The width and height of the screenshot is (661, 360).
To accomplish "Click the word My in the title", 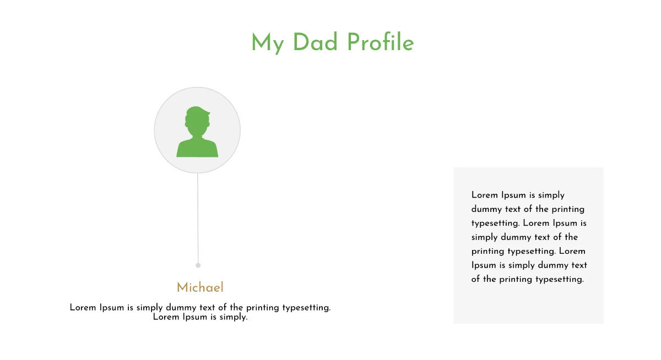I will [267, 43].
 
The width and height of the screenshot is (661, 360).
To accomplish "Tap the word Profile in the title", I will [380, 42].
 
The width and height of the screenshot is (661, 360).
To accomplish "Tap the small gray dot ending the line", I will [198, 265].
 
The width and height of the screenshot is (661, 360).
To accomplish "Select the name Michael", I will [200, 287].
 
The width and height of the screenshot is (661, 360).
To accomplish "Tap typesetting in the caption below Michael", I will [306, 308].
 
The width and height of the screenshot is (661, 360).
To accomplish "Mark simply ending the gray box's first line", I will [551, 195].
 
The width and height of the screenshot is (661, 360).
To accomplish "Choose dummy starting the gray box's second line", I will [486, 209].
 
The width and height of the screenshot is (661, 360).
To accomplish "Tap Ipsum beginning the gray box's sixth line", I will [484, 265].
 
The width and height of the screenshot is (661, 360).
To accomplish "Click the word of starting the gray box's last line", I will [476, 279].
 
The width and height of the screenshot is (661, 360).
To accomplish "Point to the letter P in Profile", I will [354, 42].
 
